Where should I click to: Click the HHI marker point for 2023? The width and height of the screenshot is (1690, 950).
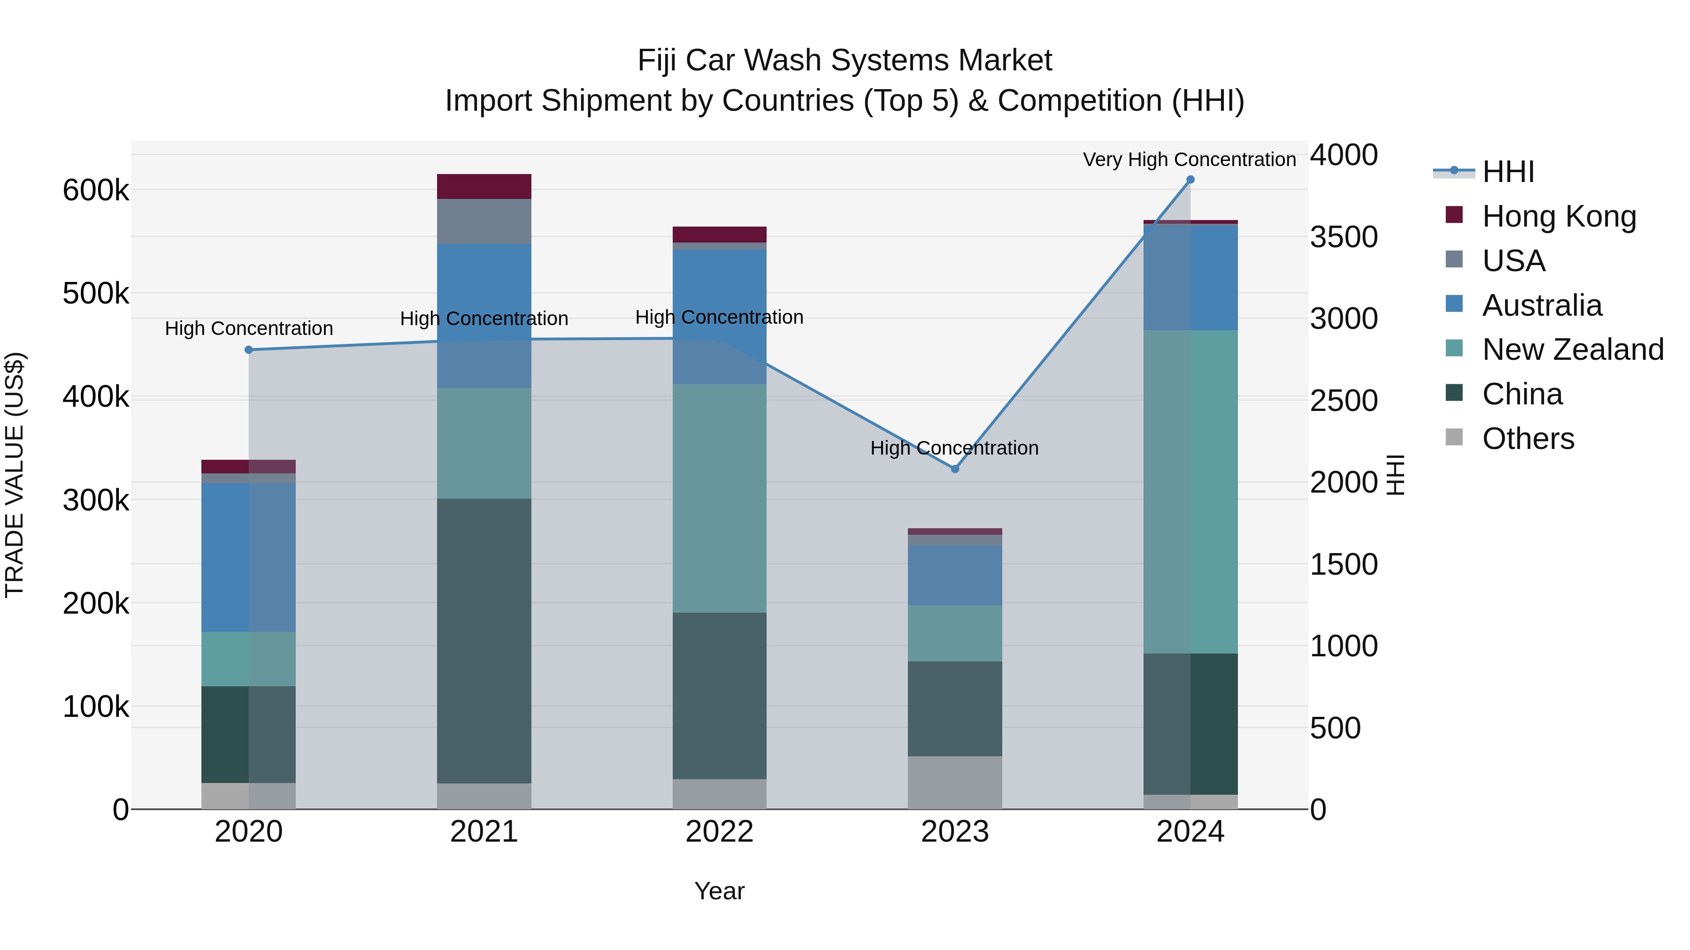[954, 469]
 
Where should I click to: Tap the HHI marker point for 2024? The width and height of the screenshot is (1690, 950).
[1190, 180]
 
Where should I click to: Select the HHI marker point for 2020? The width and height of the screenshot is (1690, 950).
[249, 350]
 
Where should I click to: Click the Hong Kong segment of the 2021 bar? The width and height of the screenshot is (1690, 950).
[484, 186]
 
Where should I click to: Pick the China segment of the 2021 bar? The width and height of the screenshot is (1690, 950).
[484, 640]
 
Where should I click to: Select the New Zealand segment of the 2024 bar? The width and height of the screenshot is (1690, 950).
[1190, 492]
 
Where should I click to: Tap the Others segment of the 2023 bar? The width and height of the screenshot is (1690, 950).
[954, 782]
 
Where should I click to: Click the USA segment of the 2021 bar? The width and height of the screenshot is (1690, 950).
[484, 221]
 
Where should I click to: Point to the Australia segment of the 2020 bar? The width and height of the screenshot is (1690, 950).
[249, 557]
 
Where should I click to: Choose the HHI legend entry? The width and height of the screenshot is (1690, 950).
[1507, 172]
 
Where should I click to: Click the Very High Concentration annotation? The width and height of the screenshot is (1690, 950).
[1189, 160]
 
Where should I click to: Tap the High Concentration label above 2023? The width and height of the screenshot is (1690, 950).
[954, 448]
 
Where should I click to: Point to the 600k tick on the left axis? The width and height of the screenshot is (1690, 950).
[96, 191]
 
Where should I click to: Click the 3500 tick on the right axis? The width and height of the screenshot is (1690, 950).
[1344, 237]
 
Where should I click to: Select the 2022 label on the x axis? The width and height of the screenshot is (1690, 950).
[719, 832]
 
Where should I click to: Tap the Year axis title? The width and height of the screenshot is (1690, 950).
[719, 891]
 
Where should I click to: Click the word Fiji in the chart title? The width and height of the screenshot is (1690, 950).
[656, 61]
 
